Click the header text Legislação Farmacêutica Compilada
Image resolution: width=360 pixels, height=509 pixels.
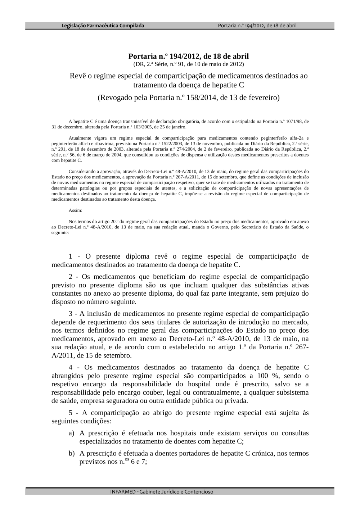click(x=103, y=26)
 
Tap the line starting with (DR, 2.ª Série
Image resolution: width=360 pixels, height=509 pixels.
click(x=188, y=64)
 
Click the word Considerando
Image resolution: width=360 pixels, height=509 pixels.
click(x=82, y=172)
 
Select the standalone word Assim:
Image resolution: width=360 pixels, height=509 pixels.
click(x=75, y=210)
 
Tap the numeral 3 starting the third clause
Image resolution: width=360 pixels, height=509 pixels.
click(x=71, y=314)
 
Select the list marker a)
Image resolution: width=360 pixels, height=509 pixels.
click(x=72, y=433)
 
